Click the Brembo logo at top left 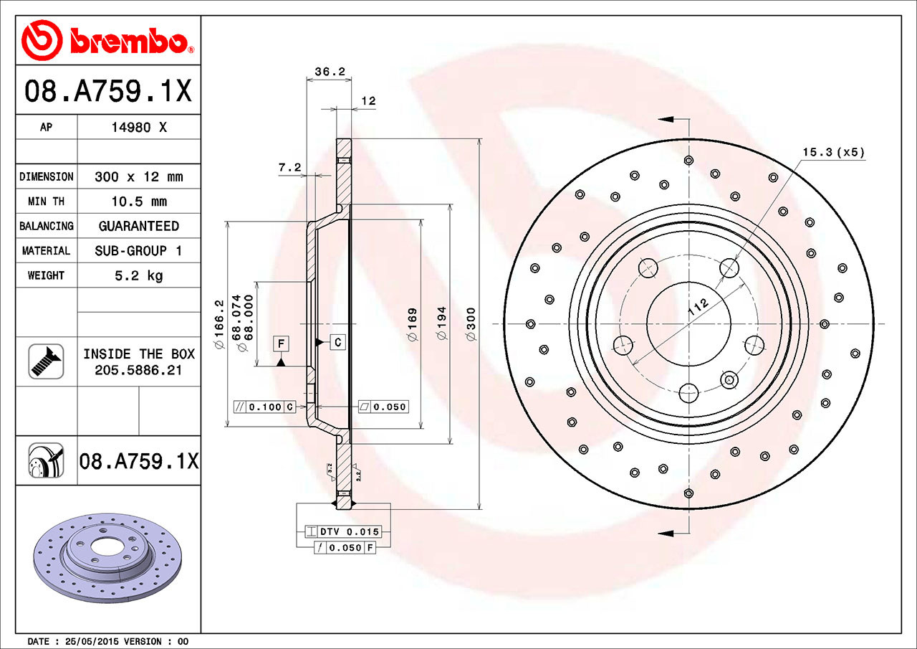click(107, 40)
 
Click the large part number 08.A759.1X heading click(107, 91)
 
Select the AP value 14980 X click(138, 128)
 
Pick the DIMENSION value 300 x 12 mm click(138, 176)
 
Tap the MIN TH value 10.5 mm click(138, 202)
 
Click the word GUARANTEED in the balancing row click(138, 226)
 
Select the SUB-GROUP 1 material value click(138, 251)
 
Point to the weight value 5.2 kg click(138, 275)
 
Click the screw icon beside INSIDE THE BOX click(46, 361)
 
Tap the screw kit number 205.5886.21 click(138, 370)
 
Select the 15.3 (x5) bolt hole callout click(833, 152)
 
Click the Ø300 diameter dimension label click(471, 323)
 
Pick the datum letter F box click(282, 344)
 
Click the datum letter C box click(337, 342)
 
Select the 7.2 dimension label click(289, 168)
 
